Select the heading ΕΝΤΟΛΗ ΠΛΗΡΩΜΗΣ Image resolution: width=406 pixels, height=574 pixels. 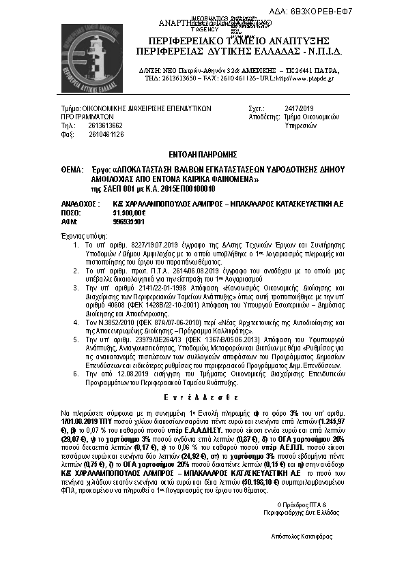coord(203,155)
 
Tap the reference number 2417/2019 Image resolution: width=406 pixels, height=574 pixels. coord(299,108)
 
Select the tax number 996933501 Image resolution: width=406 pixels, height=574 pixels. coord(128,221)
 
